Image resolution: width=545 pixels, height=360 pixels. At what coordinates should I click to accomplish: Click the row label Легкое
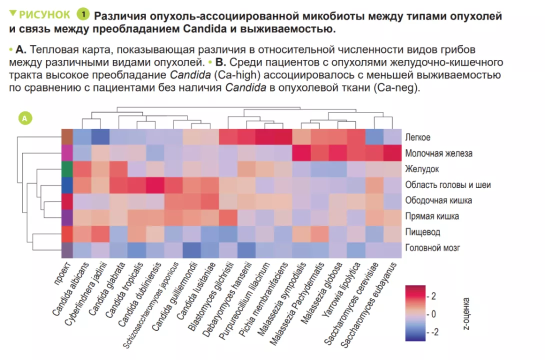coord(418,137)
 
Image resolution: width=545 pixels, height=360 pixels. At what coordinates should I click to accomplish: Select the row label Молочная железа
coord(439,153)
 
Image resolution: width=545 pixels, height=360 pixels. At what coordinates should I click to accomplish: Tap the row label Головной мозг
coord(433,247)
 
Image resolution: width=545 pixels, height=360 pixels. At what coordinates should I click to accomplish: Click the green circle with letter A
coord(25,118)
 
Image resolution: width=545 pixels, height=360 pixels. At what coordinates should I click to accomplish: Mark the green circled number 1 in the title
coord(83,14)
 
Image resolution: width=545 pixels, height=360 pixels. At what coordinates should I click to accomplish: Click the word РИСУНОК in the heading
coord(44,14)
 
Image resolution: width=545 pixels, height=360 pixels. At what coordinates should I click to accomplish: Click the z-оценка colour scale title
coord(466,313)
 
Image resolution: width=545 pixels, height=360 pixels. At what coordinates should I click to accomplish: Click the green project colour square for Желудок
coord(67,169)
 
